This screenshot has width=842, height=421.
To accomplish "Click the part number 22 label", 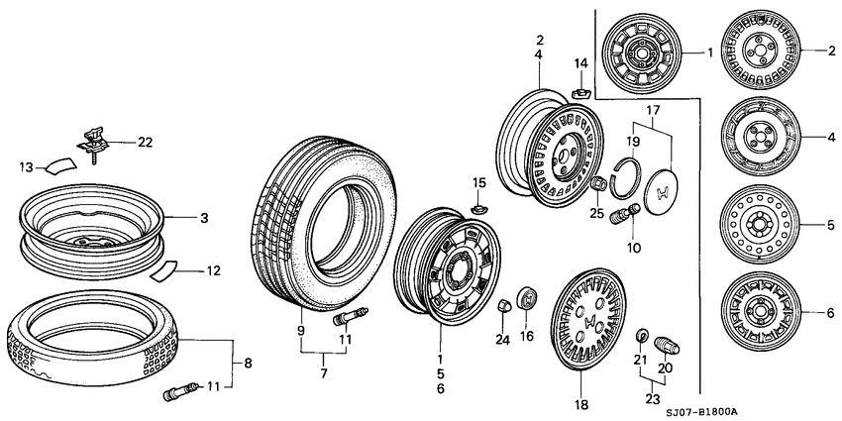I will pos(145,143).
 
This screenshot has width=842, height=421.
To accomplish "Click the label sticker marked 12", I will pos(167,270).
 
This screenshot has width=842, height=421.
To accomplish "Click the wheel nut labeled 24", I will pos(504,303).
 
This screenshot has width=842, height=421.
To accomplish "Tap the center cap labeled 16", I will pos(527,297).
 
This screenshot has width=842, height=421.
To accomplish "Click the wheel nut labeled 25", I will pos(598,185).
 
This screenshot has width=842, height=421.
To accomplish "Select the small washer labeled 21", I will pos(640,335).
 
